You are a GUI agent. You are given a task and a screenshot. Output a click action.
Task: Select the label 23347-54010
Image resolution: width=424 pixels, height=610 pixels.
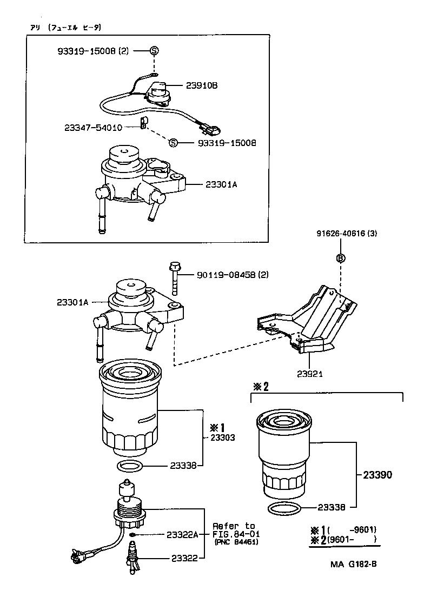tap(92, 128)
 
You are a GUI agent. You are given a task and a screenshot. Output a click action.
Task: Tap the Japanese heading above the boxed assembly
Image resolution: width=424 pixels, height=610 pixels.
tap(66, 27)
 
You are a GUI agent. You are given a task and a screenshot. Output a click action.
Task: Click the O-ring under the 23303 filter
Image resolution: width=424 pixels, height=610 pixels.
tap(130, 466)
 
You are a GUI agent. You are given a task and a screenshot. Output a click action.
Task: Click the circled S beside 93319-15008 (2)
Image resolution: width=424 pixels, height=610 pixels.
tap(154, 51)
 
